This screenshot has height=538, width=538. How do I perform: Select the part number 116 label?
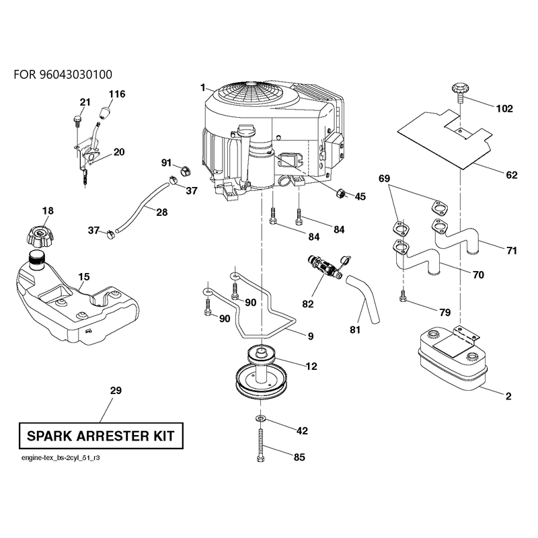click(117, 94)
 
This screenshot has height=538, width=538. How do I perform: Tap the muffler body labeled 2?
click(453, 360)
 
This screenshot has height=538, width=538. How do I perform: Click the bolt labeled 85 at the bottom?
click(261, 445)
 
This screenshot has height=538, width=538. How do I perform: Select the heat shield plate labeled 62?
click(445, 139)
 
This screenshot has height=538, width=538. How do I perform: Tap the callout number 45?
click(360, 196)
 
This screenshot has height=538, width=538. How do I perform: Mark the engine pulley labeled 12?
click(261, 374)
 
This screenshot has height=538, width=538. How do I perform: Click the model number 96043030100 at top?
click(76, 75)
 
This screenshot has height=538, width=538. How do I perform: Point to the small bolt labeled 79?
click(403, 297)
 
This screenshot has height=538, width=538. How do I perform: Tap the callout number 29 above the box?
click(116, 390)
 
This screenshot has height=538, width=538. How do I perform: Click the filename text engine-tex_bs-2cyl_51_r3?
click(61, 458)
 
